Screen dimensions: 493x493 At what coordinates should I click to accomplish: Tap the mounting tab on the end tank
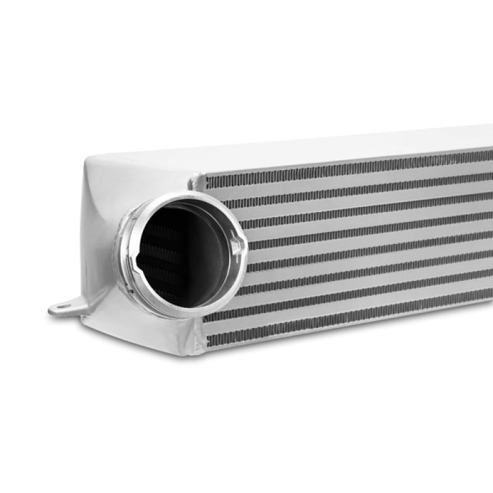(65, 306)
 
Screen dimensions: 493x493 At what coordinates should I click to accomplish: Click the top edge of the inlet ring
(179, 196)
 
